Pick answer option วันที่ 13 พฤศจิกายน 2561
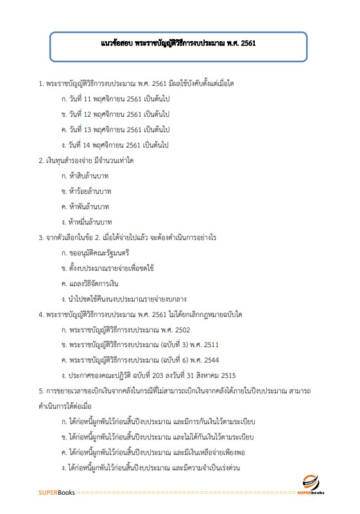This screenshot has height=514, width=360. (115, 130)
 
